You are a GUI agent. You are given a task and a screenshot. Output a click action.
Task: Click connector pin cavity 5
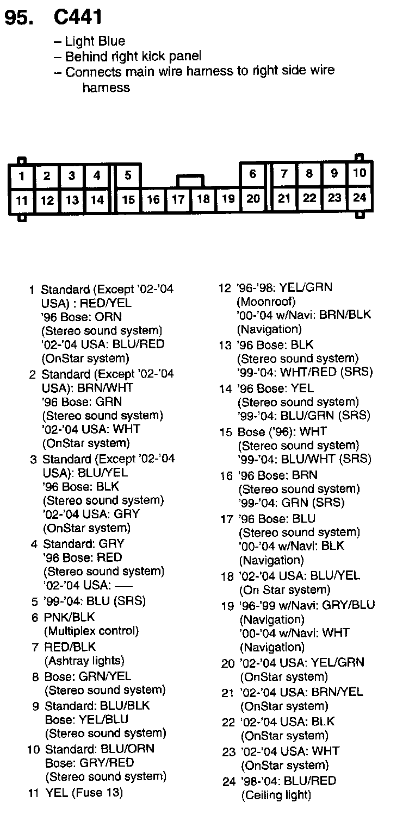[128, 175]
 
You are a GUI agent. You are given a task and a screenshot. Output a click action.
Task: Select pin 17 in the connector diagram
[178, 199]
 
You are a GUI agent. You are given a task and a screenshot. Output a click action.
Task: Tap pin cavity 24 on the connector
[360, 198]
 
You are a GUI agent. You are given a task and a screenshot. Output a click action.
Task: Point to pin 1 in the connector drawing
[22, 175]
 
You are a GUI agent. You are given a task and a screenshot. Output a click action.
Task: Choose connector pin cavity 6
[253, 174]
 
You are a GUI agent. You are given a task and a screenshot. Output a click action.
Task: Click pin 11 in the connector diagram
[22, 200]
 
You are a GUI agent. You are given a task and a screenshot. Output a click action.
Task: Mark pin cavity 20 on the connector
[253, 198]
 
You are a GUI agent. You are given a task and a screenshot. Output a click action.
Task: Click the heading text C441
[78, 18]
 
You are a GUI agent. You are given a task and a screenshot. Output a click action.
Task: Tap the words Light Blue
[95, 41]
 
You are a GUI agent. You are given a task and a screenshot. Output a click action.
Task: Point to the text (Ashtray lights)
[84, 661]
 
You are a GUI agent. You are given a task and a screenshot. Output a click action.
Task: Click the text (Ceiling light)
[276, 795]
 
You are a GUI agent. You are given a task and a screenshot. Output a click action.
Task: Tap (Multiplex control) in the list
[91, 631]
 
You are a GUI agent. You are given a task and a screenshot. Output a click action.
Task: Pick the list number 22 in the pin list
[228, 723]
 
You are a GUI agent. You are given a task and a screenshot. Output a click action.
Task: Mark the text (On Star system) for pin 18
[284, 589]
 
